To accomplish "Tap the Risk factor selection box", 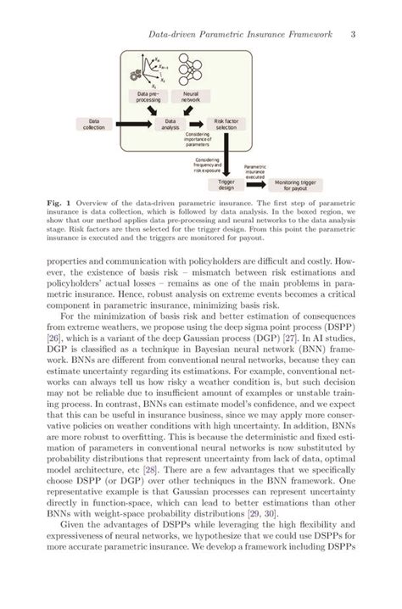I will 226,124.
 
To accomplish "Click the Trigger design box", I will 226,183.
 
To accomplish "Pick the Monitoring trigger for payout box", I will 296,183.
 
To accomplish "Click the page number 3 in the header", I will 351,35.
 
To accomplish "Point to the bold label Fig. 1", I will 57,205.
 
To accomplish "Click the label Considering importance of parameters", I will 197,139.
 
